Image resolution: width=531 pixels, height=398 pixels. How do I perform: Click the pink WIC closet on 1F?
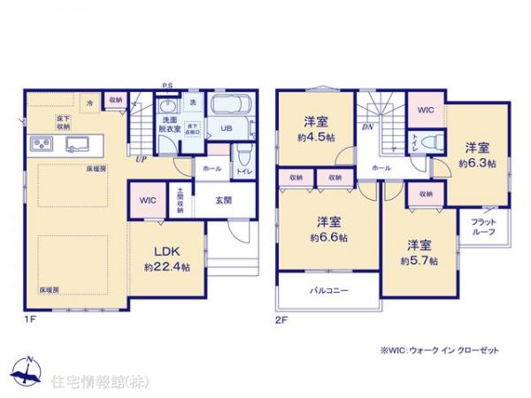tap(147, 201)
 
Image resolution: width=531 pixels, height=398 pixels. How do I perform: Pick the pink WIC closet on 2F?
tap(426, 111)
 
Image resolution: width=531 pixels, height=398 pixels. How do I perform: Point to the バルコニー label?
tap(328, 290)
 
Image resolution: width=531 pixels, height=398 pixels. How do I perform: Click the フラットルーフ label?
tap(482, 225)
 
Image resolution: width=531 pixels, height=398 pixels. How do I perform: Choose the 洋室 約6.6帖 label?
tap(328, 228)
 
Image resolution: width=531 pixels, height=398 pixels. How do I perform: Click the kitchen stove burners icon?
tap(42, 144)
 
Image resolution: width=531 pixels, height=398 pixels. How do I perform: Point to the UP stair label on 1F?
tap(141, 159)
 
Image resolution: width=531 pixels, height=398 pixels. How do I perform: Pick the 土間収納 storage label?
tap(180, 202)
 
